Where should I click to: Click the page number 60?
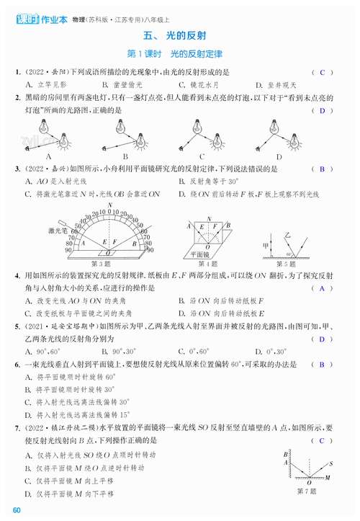tap(17, 512)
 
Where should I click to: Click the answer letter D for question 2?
tap(322, 110)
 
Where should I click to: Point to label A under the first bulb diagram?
tap(48, 156)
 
